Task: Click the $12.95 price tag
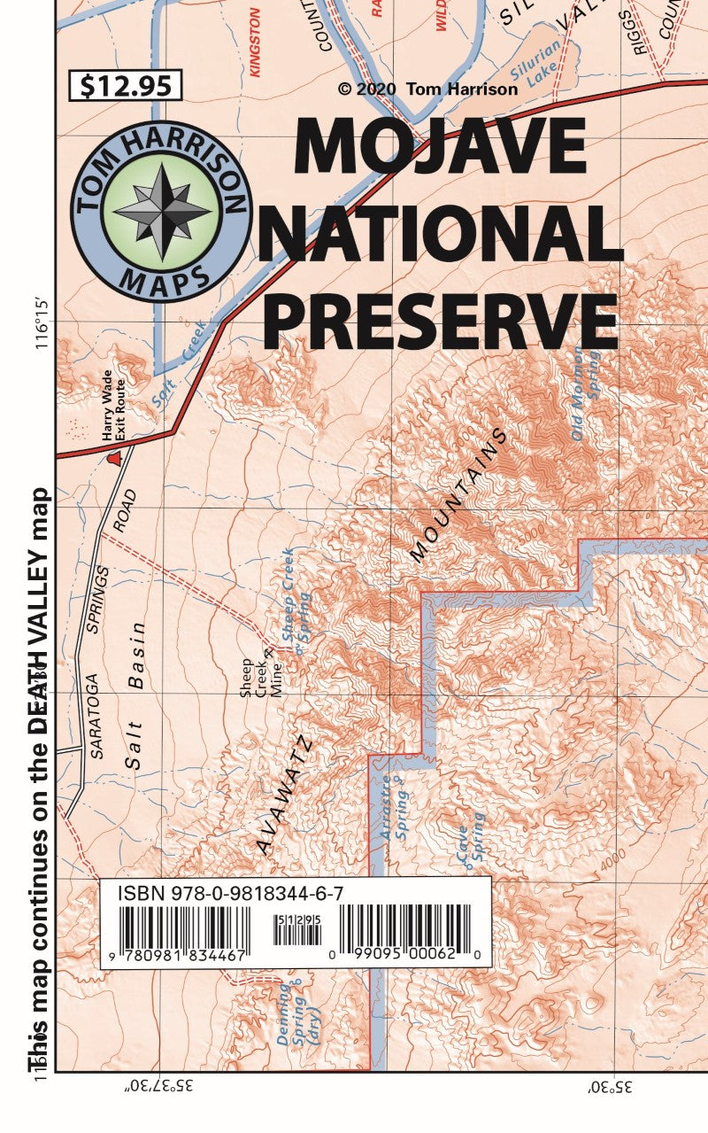pyautogui.click(x=125, y=86)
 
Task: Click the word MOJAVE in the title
pyautogui.click(x=440, y=147)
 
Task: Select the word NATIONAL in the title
pyautogui.click(x=440, y=232)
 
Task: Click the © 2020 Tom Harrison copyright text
pyautogui.click(x=427, y=89)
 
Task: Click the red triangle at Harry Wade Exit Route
pyautogui.click(x=113, y=458)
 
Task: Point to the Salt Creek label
pyautogui.click(x=182, y=363)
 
